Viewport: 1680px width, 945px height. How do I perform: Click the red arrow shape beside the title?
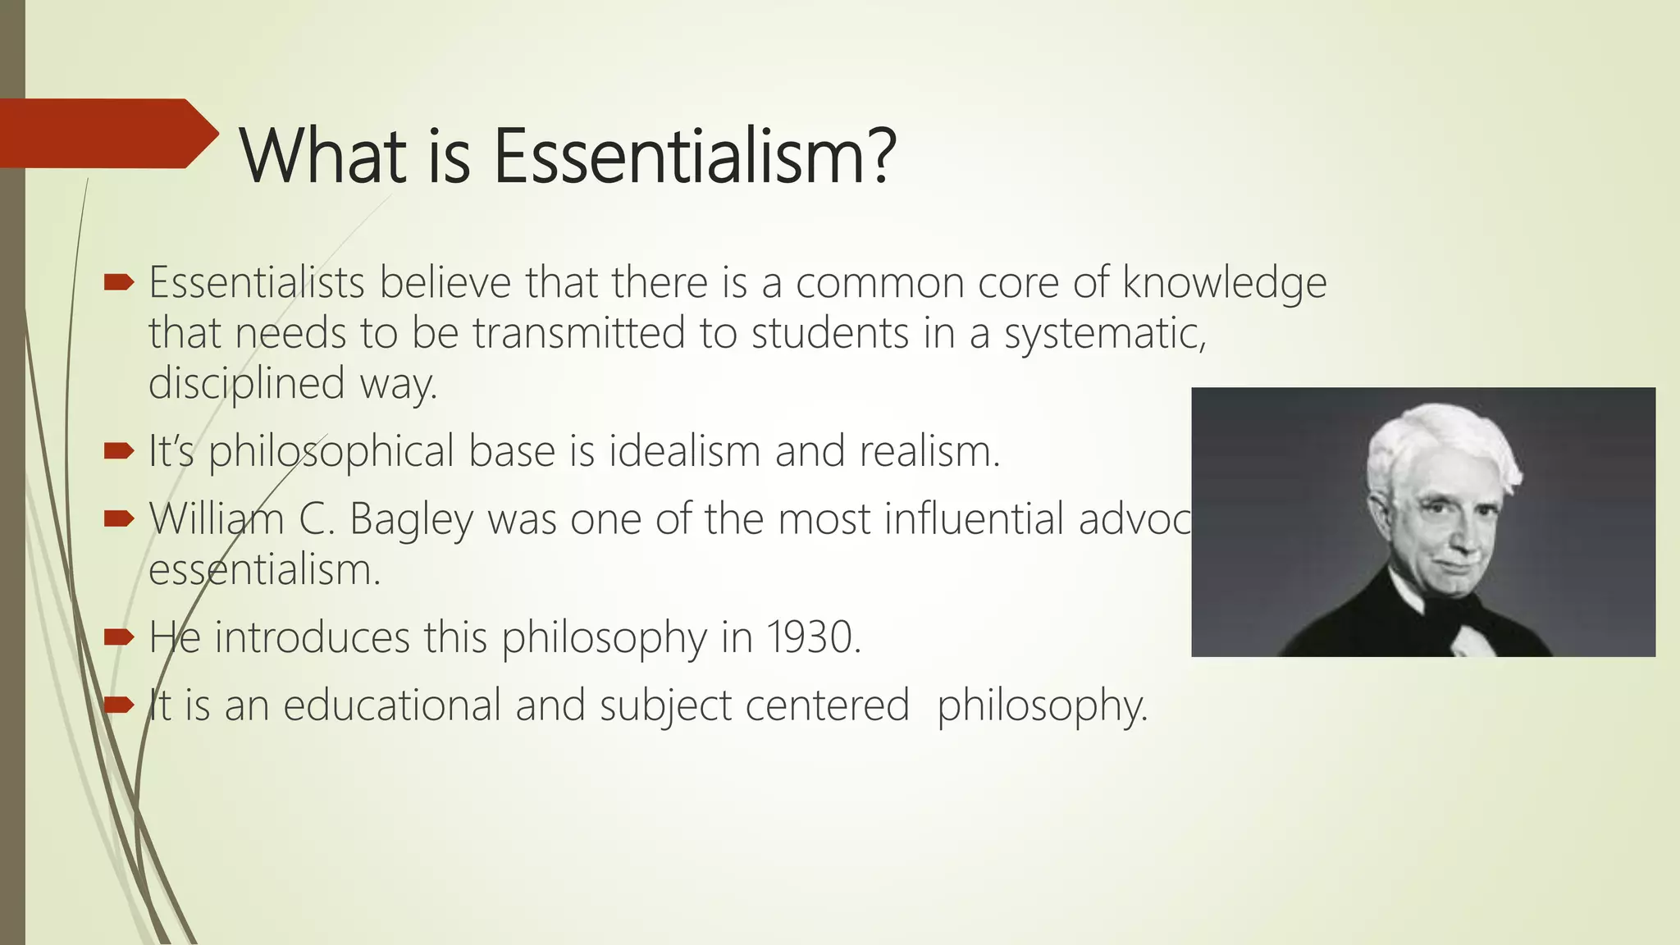click(107, 134)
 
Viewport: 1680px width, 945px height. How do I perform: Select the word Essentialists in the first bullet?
click(256, 283)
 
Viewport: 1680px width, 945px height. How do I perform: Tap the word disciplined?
click(246, 384)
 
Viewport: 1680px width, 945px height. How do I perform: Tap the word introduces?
click(312, 637)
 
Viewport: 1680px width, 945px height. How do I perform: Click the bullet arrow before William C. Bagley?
click(119, 518)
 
